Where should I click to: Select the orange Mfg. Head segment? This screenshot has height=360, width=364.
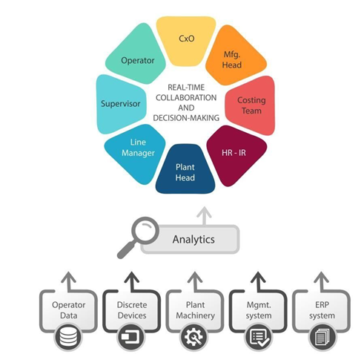click(234, 58)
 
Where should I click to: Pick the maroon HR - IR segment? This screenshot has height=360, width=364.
click(235, 154)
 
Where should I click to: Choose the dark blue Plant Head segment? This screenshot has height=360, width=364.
click(185, 171)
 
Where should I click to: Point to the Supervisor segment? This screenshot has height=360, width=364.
click(121, 104)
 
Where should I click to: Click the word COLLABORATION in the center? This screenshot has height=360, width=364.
click(186, 97)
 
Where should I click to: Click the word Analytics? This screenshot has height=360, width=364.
click(193, 239)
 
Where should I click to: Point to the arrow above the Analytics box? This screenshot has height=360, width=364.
click(204, 216)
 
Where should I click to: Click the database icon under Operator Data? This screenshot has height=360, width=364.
click(68, 337)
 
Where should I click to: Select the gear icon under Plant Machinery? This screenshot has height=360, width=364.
click(195, 337)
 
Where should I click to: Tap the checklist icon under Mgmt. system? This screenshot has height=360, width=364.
click(259, 337)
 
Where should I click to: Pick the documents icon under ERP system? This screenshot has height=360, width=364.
click(322, 337)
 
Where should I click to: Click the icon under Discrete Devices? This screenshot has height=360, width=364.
click(132, 337)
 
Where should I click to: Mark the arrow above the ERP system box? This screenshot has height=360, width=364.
click(321, 281)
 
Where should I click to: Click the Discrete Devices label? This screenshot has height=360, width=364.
click(132, 310)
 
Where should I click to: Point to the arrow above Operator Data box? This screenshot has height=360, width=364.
click(68, 281)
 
